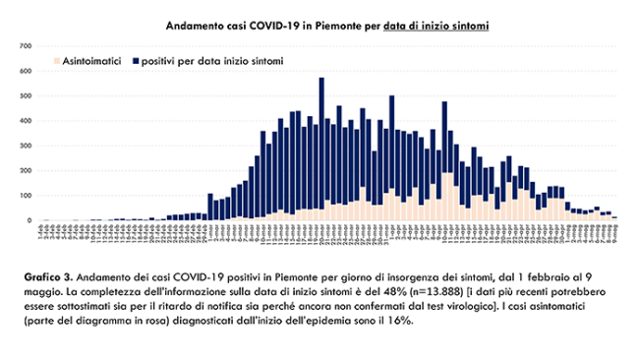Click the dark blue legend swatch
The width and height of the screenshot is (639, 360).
tap(135, 62)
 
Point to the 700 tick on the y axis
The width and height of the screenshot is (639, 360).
tap(25, 45)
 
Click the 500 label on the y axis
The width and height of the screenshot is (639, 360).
tap(25, 95)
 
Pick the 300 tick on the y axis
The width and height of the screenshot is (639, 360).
tap(25, 146)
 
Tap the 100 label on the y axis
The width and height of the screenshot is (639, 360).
tap(25, 196)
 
